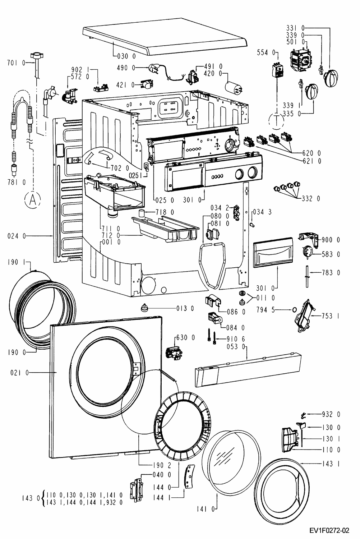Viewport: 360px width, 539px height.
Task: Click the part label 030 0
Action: [x=126, y=56]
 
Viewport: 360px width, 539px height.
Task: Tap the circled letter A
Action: [x=32, y=199]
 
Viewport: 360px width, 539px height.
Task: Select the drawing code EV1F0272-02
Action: [x=329, y=530]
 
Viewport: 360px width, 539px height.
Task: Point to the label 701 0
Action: [x=17, y=63]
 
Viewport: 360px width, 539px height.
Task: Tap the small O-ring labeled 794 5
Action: [x=294, y=310]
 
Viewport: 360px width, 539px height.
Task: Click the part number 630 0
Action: [x=185, y=338]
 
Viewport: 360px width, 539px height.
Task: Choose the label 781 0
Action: [x=17, y=183]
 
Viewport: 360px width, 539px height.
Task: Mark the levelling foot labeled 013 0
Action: [x=144, y=307]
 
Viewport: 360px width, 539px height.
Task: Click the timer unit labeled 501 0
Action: [x=301, y=60]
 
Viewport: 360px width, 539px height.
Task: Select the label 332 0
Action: [x=311, y=199]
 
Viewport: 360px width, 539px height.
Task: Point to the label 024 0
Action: [x=17, y=236]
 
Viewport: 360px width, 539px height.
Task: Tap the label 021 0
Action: [x=19, y=373]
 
